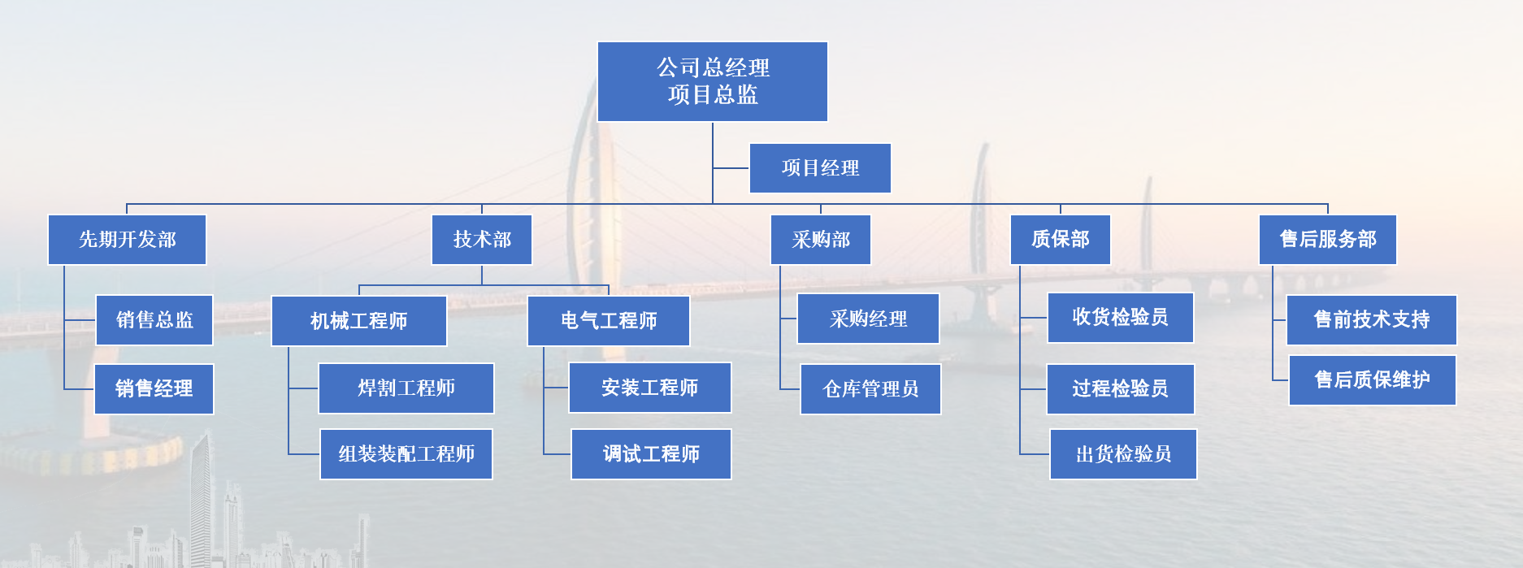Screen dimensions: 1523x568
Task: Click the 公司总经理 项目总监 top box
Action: tap(713, 82)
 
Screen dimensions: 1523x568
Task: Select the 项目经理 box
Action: tap(820, 168)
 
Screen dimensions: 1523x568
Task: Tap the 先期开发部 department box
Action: tap(127, 240)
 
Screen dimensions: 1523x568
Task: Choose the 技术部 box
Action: tap(482, 240)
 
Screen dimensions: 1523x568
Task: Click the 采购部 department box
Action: tap(821, 240)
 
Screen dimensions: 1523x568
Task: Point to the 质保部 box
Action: tap(1061, 240)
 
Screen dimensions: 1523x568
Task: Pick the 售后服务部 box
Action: tap(1328, 240)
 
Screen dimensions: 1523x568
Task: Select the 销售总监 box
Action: tap(154, 320)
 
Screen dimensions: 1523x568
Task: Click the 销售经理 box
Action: tap(154, 389)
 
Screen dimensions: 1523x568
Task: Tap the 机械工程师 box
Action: tap(359, 321)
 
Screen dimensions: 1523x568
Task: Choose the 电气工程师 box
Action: tap(609, 321)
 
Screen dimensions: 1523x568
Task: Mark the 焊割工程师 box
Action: tap(406, 388)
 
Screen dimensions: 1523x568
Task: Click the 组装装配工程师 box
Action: tap(406, 454)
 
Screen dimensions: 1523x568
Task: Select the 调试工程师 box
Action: tap(651, 454)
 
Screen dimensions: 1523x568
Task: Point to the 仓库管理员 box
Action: tap(870, 389)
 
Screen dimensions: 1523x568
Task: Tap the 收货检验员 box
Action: tap(1121, 318)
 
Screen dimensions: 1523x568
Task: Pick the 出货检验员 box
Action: tap(1123, 454)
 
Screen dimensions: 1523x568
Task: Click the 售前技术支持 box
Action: tap(1372, 320)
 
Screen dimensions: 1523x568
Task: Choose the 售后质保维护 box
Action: tap(1373, 380)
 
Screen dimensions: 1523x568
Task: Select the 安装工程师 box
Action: tap(650, 388)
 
